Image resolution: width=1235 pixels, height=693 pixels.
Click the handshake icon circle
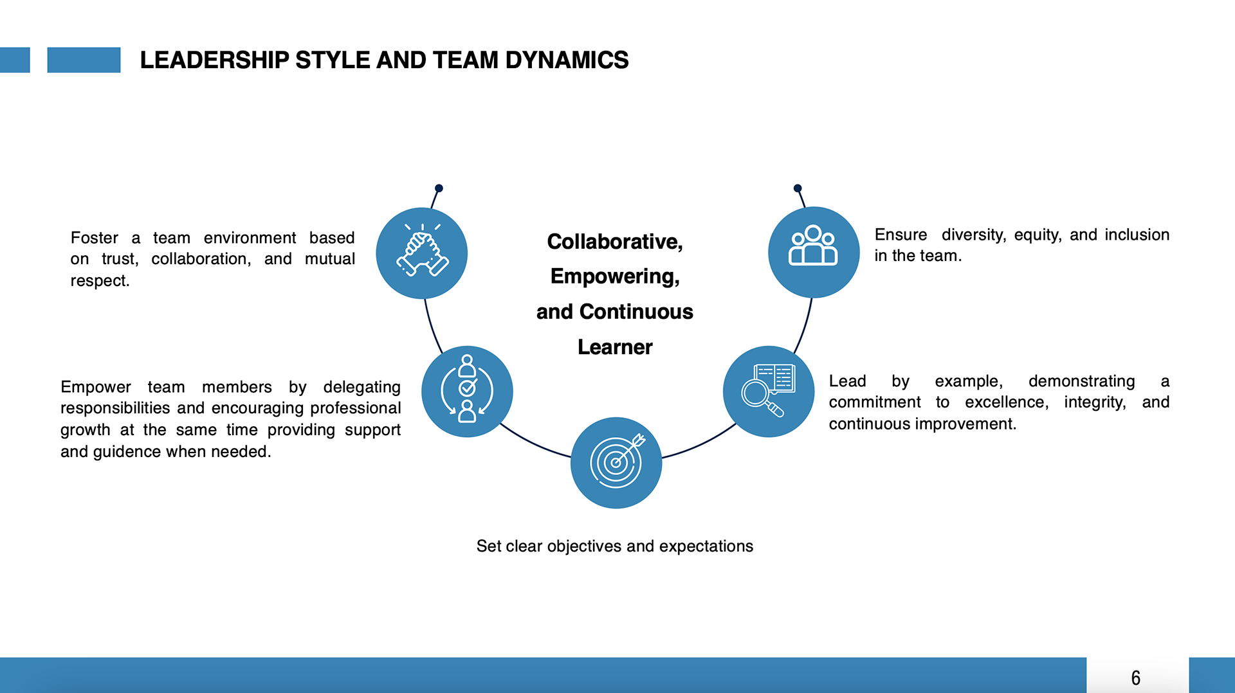tap(421, 253)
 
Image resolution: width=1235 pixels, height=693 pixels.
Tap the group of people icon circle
tap(814, 252)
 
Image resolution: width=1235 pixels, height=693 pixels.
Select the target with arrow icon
tap(616, 462)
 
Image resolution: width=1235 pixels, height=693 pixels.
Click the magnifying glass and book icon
tap(768, 392)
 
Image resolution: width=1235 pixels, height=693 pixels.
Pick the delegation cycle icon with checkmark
tap(467, 392)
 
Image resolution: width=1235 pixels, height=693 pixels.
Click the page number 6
tap(1136, 678)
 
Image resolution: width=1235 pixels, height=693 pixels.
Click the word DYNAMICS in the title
tap(567, 60)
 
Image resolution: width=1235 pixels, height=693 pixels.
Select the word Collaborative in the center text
tap(614, 242)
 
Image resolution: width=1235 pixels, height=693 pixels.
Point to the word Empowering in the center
tap(614, 276)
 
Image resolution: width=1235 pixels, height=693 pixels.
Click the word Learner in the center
tap(615, 347)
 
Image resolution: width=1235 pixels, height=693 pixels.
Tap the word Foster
tap(95, 238)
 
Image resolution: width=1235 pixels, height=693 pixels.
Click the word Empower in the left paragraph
tap(95, 387)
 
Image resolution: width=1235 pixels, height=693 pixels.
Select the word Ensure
tap(901, 235)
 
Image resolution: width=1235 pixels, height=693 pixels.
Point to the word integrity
tap(1094, 402)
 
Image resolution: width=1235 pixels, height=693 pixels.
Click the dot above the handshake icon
tap(439, 188)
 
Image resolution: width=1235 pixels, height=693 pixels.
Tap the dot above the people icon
tap(798, 188)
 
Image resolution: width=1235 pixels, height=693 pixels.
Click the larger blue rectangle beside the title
tap(84, 60)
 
